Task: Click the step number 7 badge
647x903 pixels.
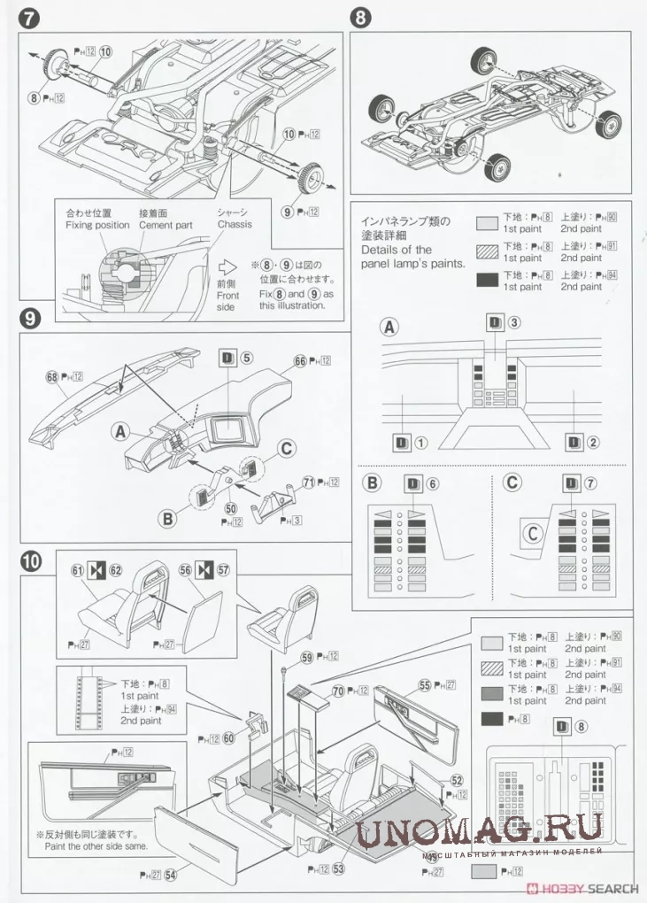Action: click(27, 16)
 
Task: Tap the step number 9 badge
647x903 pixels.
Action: click(27, 318)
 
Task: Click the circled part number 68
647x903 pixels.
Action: click(51, 377)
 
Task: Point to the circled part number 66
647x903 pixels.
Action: click(300, 360)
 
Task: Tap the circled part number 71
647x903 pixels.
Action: click(309, 482)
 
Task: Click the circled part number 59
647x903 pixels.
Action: click(306, 657)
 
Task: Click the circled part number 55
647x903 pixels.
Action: click(425, 684)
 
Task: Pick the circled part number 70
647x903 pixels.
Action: click(337, 690)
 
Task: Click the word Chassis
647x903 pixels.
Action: click(234, 225)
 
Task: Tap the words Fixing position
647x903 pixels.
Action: click(97, 225)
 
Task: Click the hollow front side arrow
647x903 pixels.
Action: click(227, 266)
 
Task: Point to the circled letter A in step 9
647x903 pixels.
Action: click(119, 430)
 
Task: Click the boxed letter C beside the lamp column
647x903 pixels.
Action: click(533, 533)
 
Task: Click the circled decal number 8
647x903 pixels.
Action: click(581, 727)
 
